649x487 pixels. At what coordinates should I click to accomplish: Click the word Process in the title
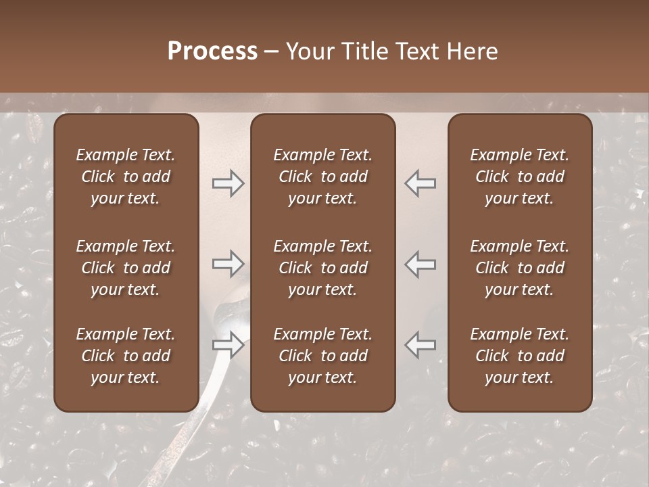coord(212,51)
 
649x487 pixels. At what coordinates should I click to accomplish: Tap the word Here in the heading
coord(471,51)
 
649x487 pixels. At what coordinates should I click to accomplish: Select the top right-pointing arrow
coord(229,183)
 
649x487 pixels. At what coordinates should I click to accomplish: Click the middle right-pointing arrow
coord(229,264)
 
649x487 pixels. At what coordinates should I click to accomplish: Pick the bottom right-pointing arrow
coord(229,345)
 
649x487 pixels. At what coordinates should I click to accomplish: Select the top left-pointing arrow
coord(420,183)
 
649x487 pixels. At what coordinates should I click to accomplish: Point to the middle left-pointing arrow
coord(420,264)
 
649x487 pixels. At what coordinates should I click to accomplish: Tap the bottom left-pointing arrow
coord(420,345)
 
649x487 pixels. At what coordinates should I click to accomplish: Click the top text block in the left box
coord(126,177)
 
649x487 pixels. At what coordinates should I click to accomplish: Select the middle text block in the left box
coord(126,268)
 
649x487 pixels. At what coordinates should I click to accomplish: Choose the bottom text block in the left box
coord(126,356)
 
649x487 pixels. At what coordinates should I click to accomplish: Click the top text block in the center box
coord(323,177)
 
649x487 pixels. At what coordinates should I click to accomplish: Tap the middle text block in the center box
coord(323,268)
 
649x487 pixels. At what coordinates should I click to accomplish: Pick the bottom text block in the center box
coord(323,356)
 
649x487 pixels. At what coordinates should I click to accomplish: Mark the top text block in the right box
coord(520,177)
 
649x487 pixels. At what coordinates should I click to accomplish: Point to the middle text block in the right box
coord(520,268)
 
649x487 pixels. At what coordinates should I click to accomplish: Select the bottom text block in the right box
coord(520,356)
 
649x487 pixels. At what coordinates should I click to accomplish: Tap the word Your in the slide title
coord(310,51)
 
